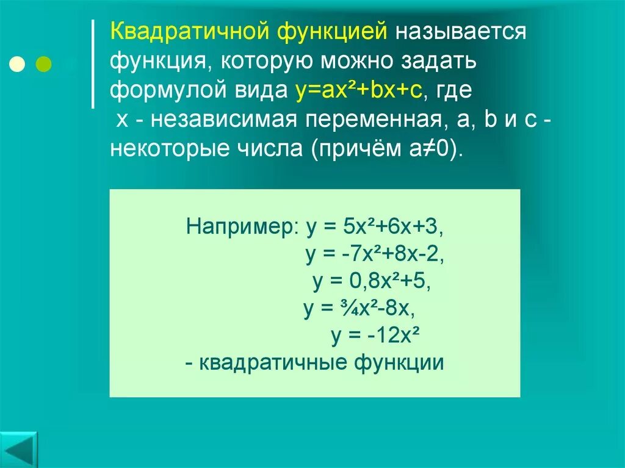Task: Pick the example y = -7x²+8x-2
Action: [375, 254]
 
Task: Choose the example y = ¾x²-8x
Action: [359, 309]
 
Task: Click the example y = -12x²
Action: [377, 336]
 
